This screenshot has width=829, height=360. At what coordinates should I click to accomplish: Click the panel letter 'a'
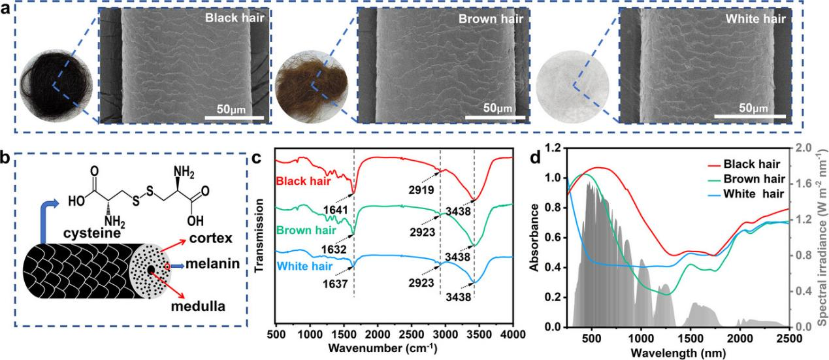(x=7, y=10)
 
